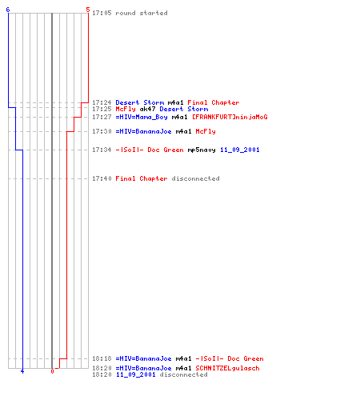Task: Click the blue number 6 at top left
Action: tap(8, 10)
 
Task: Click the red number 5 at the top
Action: tap(88, 10)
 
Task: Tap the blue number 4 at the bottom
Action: tap(22, 371)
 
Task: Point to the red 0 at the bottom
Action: tap(52, 371)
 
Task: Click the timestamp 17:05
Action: tap(102, 13)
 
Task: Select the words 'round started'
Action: tap(142, 13)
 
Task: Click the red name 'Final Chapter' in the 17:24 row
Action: tap(214, 102)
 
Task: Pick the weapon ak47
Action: tap(147, 109)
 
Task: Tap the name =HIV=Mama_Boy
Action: tap(142, 117)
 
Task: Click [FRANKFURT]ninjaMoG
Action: tap(230, 117)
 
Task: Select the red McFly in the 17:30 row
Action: tap(206, 131)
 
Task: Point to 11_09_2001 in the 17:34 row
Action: tap(240, 150)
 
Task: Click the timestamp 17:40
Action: tap(102, 178)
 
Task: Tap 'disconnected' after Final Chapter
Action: tap(195, 178)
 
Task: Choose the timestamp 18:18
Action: tap(102, 358)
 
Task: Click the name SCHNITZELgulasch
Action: tap(227, 368)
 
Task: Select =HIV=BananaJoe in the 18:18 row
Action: tap(143, 358)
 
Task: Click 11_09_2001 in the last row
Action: tap(135, 374)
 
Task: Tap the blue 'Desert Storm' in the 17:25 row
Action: tap(184, 109)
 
